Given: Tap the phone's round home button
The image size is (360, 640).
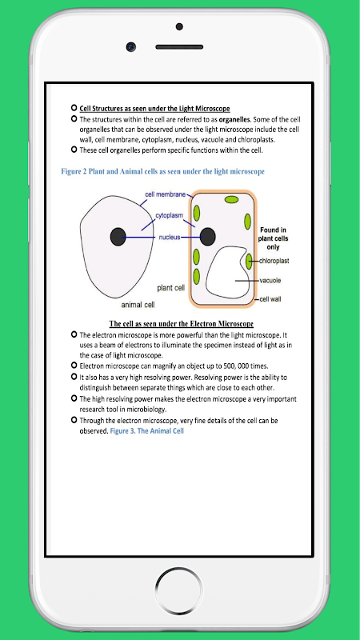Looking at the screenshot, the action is [178, 590].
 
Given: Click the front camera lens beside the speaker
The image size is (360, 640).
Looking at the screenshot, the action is [131, 47].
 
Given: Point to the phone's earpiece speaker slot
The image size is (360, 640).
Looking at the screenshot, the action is [179, 47].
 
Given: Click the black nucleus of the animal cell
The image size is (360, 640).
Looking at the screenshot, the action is [118, 237].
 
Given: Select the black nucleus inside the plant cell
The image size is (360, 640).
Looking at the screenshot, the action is [208, 237].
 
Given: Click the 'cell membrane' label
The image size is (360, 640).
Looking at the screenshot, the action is [166, 194].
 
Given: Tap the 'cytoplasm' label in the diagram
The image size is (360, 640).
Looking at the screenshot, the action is [169, 215].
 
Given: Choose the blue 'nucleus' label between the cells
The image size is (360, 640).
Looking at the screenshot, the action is [170, 237].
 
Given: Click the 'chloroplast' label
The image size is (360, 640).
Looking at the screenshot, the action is [274, 261].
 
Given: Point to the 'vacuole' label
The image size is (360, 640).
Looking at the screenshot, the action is [270, 281].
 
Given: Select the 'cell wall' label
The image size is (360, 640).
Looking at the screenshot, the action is [270, 299].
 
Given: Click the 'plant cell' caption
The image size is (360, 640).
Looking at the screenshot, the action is [171, 288].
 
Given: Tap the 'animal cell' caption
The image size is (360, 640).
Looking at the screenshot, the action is [138, 305].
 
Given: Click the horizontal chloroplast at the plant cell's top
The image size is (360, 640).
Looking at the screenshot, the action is [231, 199].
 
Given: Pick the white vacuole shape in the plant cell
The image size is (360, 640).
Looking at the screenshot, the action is [228, 272].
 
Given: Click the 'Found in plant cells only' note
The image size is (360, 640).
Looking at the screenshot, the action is [273, 238].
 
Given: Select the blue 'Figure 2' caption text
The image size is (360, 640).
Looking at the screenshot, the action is [163, 171].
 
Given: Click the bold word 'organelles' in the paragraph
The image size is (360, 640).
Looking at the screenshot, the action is [234, 120].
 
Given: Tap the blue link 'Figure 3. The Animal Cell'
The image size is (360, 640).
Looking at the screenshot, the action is [147, 431].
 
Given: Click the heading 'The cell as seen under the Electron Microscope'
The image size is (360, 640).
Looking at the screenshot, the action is [182, 324].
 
